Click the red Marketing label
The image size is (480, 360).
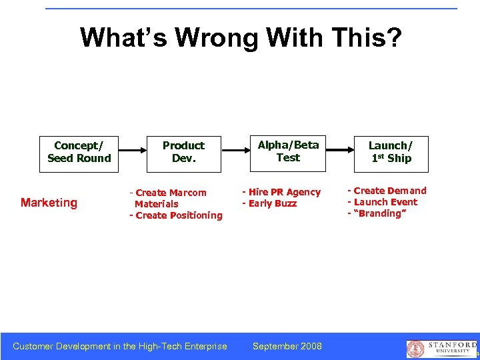[49, 203]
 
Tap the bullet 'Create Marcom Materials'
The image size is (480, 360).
[169, 198]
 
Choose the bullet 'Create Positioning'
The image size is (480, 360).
[176, 215]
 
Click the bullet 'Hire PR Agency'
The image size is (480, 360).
[281, 192]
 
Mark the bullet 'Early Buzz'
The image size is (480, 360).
[269, 203]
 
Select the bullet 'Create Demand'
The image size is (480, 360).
[387, 191]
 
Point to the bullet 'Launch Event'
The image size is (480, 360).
[383, 202]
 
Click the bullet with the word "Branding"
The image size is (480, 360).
[377, 213]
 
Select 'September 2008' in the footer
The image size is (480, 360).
[287, 346]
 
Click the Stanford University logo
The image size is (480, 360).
[441, 348]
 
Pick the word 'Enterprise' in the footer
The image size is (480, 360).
[203, 346]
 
